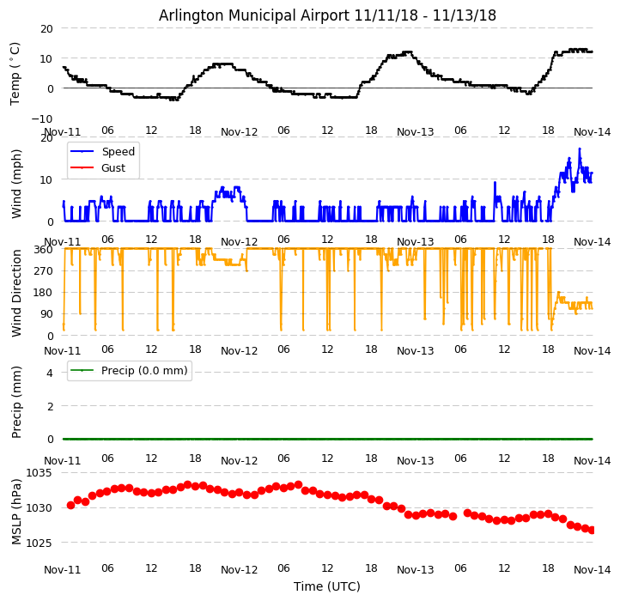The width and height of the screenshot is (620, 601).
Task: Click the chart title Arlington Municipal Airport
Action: point(327,15)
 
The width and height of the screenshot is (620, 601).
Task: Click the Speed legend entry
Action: point(118,152)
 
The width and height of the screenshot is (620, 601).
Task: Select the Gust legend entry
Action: point(112,168)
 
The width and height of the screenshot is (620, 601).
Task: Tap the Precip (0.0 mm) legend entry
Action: point(141,371)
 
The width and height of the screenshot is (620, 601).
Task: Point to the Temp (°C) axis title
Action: point(15,73)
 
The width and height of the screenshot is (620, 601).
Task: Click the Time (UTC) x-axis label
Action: point(327,586)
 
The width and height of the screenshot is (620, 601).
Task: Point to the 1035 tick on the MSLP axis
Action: point(40,472)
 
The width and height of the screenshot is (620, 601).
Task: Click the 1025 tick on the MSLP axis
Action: point(40,543)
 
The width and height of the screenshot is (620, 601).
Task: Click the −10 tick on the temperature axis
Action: point(42,118)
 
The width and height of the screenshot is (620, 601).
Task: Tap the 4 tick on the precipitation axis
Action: point(50,373)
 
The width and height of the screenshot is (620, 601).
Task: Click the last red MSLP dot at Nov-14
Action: point(592,530)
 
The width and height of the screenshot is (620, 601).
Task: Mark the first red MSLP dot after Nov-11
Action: point(70,505)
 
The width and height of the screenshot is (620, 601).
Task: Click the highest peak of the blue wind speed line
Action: point(579,149)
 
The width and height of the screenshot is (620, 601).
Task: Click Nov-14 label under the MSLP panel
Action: point(592,569)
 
